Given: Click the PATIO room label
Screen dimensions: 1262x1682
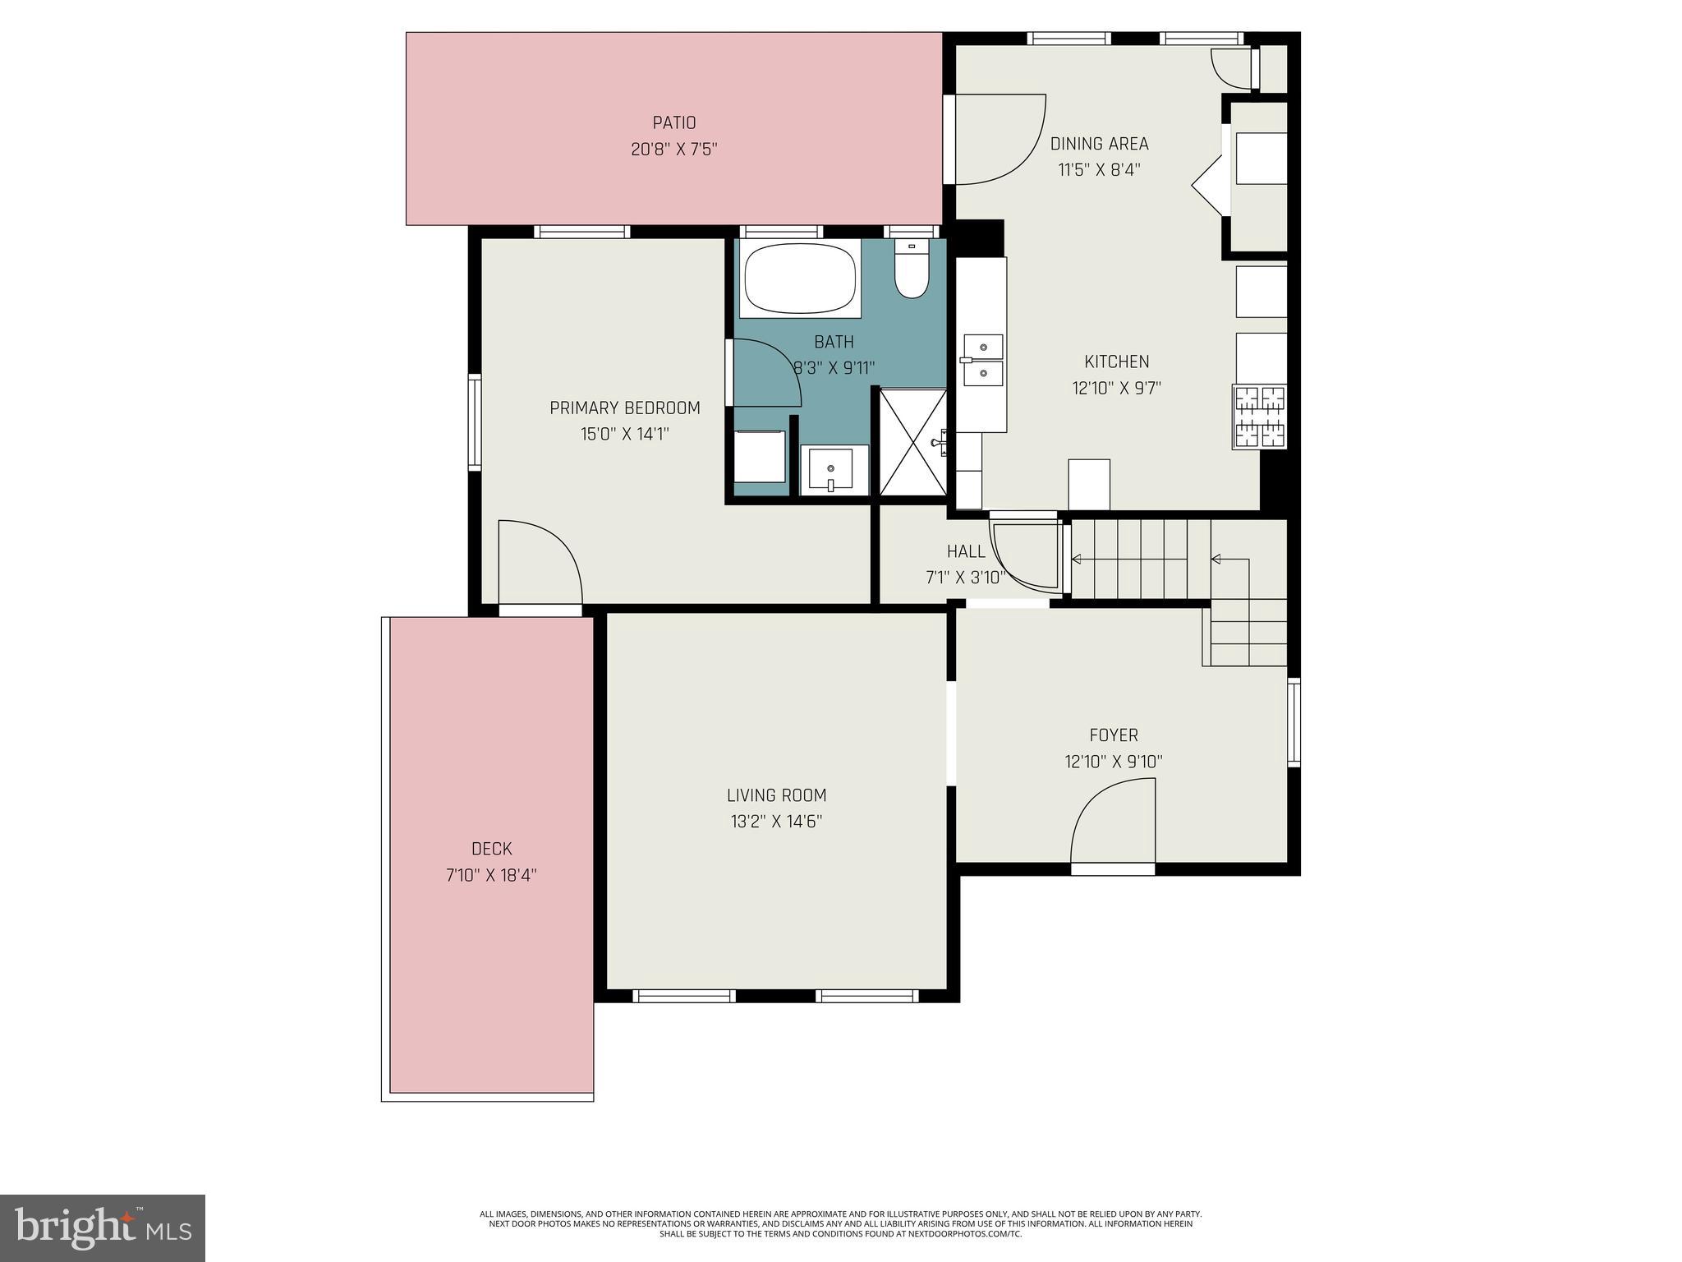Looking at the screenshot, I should click(x=673, y=122).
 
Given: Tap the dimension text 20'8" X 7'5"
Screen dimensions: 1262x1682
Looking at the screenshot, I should click(x=673, y=150).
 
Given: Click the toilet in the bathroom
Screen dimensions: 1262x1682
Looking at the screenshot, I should click(x=911, y=271).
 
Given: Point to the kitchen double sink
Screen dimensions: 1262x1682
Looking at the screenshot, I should click(x=982, y=360).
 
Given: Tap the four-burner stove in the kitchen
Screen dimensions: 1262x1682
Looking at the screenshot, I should click(x=1260, y=417).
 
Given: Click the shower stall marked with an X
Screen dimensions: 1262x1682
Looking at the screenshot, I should click(x=912, y=442).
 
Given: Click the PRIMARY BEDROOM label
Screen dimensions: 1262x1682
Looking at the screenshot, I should click(x=624, y=408).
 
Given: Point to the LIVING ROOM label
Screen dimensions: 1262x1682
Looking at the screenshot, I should click(x=776, y=795).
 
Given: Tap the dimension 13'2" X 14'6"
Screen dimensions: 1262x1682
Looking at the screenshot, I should click(x=776, y=822).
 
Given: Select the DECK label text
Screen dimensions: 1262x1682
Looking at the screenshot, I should click(x=491, y=849).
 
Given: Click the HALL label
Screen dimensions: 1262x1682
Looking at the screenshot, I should click(x=965, y=551).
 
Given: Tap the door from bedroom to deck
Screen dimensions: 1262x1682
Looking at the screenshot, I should click(x=540, y=567).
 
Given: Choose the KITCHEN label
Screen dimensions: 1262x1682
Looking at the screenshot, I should click(x=1116, y=362).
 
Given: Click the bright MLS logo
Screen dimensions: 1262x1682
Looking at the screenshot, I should click(x=103, y=1228).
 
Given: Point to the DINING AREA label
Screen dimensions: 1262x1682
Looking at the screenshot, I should click(x=1099, y=144).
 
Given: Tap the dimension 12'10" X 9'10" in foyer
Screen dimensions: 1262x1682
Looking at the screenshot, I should click(x=1113, y=762).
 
